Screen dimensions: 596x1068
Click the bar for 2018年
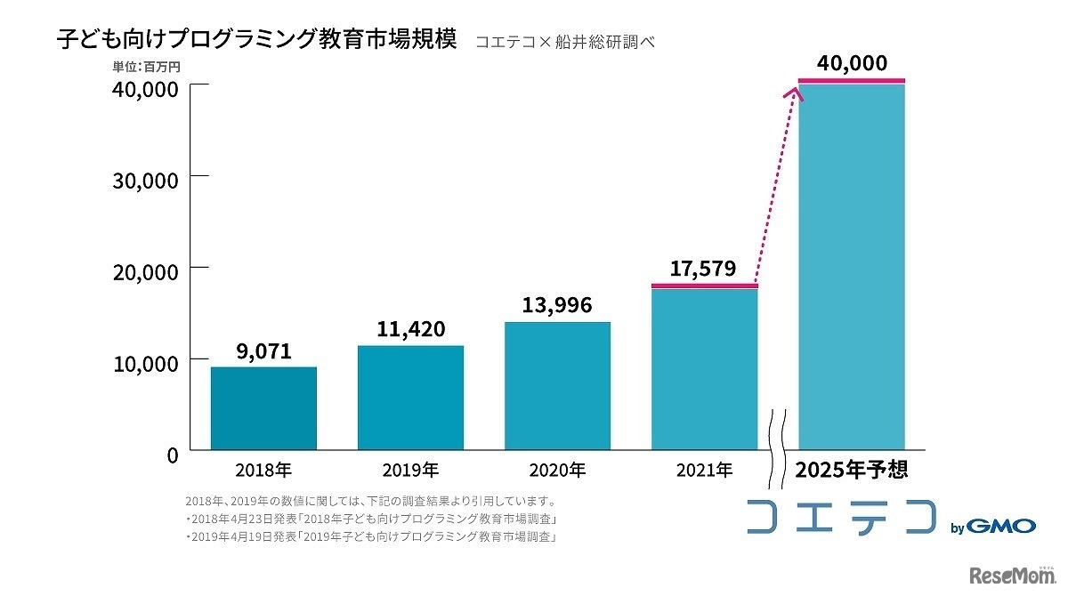[263, 408]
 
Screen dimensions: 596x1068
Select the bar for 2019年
[410, 398]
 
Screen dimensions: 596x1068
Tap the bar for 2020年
[557, 386]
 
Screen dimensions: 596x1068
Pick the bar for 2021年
[704, 369]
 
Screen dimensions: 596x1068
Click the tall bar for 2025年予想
[852, 267]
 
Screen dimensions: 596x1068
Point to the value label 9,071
[263, 350]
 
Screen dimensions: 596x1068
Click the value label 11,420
[410, 328]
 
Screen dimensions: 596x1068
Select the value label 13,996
[557, 305]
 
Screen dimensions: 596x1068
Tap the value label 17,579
[704, 268]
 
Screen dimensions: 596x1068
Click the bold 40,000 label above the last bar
[852, 63]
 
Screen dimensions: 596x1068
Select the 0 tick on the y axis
[172, 455]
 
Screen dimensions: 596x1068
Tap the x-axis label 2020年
[557, 469]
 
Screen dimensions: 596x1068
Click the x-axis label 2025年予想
[851, 469]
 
